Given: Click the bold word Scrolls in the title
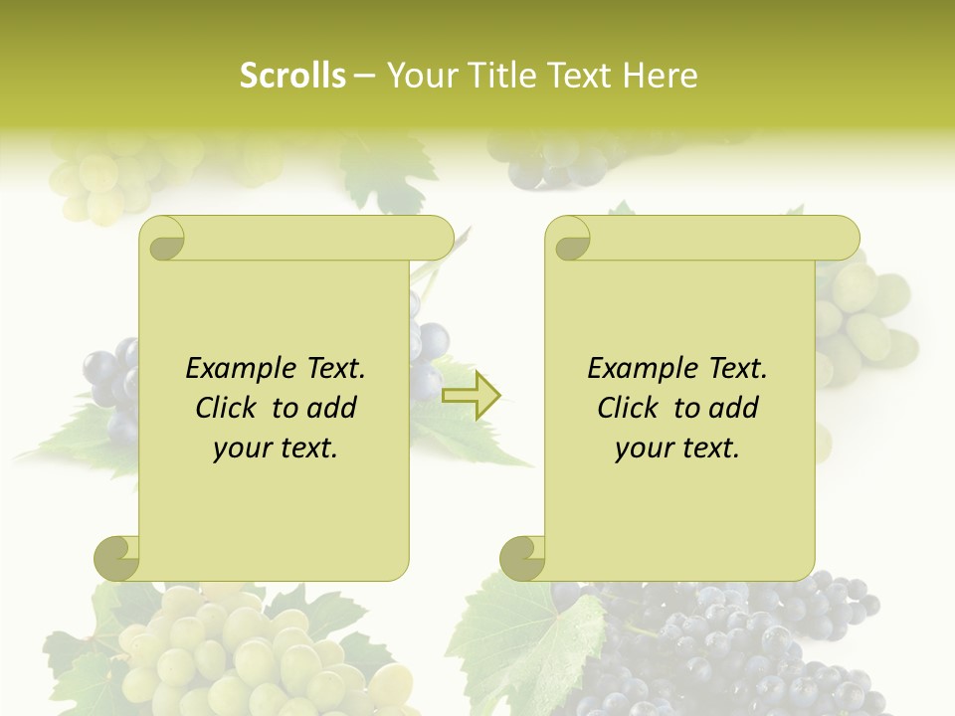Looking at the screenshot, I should (292, 76).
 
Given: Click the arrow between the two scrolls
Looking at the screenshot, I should (471, 394).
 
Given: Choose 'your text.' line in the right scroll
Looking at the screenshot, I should (677, 448).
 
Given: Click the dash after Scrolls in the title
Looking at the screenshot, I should (365, 76).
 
